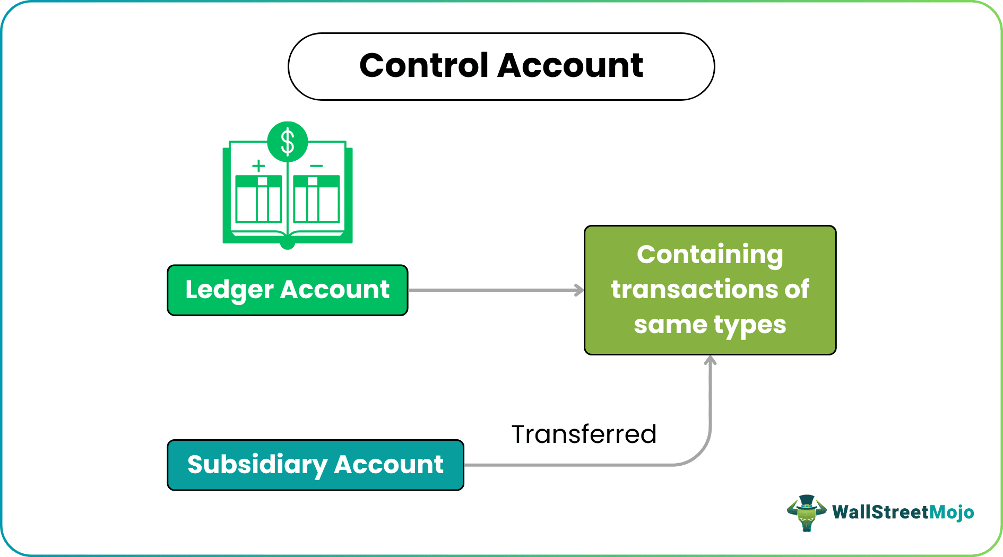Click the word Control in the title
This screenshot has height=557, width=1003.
[x=423, y=66]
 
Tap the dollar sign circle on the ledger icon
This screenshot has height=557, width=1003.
[x=288, y=142]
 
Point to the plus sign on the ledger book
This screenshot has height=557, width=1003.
[x=258, y=166]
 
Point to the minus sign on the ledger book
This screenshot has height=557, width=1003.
[x=316, y=166]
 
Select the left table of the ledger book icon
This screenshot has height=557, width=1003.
[x=258, y=199]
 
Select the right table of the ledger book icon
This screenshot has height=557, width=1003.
[x=316, y=199]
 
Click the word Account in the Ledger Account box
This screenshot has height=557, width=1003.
[x=335, y=290]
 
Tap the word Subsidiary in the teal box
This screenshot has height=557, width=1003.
[x=257, y=465]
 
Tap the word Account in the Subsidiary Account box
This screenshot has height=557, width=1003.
[x=388, y=465]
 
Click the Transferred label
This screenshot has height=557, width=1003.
[x=584, y=434]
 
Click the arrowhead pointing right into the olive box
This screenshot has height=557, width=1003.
[x=580, y=290]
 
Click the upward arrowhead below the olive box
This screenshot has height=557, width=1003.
[x=710, y=361]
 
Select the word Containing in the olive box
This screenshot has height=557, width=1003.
[x=710, y=255]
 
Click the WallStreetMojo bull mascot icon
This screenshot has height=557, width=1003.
[x=806, y=512]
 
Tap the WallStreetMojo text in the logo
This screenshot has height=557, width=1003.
[x=903, y=512]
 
